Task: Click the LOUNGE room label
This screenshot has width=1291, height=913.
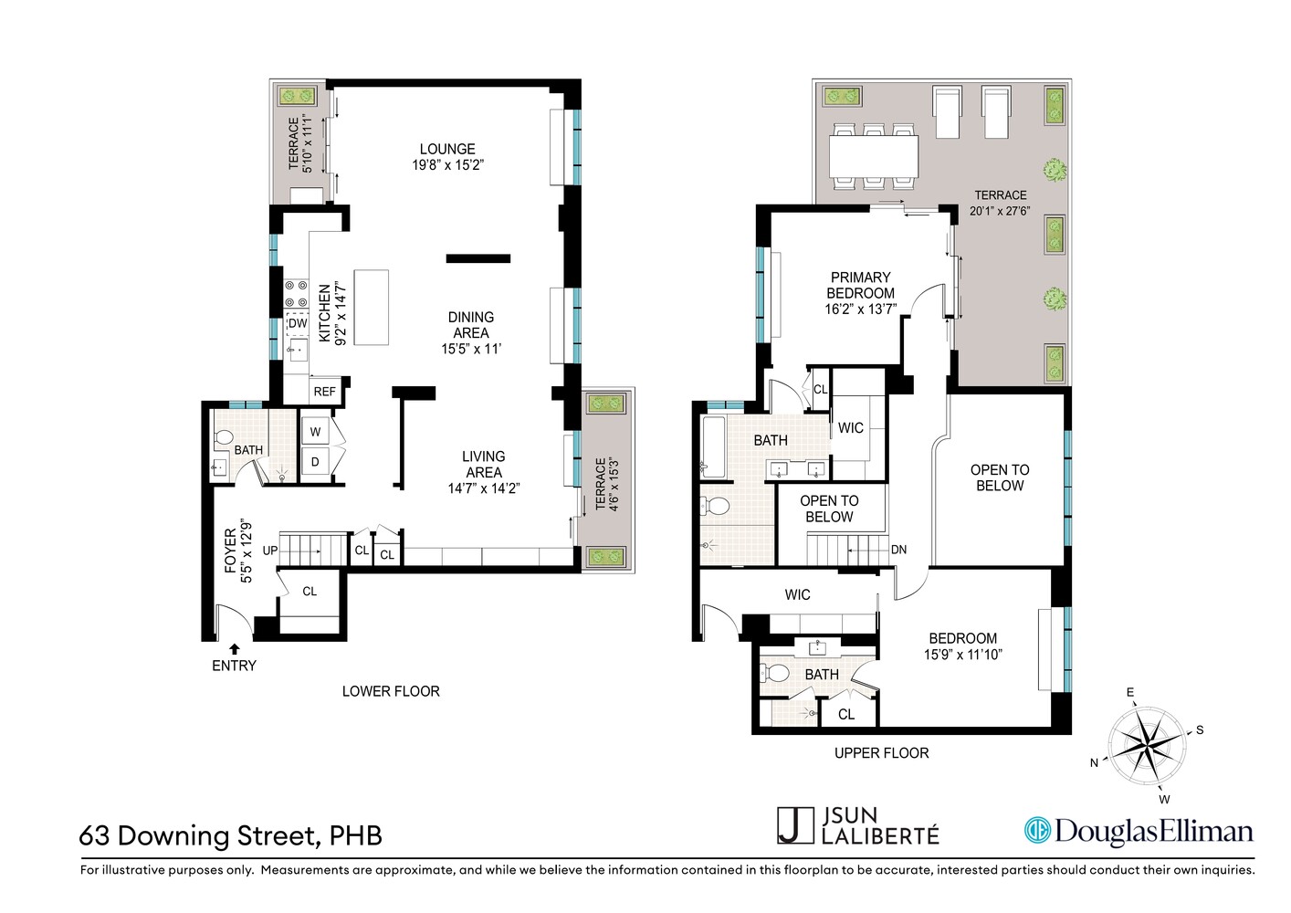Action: (x=446, y=149)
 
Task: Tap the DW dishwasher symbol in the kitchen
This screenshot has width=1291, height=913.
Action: (x=298, y=323)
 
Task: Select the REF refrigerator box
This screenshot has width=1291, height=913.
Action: (x=324, y=391)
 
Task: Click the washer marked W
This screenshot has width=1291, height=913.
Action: (x=316, y=432)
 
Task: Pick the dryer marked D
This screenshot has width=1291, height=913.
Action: (x=316, y=462)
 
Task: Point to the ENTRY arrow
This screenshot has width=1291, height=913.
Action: (x=235, y=648)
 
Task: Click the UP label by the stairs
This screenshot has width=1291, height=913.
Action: (x=270, y=551)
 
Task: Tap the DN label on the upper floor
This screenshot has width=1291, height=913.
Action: (x=898, y=550)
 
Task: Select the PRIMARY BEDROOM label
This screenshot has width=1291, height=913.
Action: (x=860, y=285)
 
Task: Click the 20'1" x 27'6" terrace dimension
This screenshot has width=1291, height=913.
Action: (x=1000, y=211)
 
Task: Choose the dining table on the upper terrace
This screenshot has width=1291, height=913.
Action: (x=874, y=157)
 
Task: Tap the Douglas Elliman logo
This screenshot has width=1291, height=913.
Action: (x=1138, y=831)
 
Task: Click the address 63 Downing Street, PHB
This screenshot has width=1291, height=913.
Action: (x=231, y=835)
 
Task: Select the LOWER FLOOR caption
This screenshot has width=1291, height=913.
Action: (x=391, y=691)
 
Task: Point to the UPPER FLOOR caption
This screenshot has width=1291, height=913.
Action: (x=881, y=753)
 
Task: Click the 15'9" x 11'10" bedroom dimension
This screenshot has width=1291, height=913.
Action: (x=962, y=654)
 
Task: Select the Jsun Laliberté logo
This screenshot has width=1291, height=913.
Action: (x=858, y=825)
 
